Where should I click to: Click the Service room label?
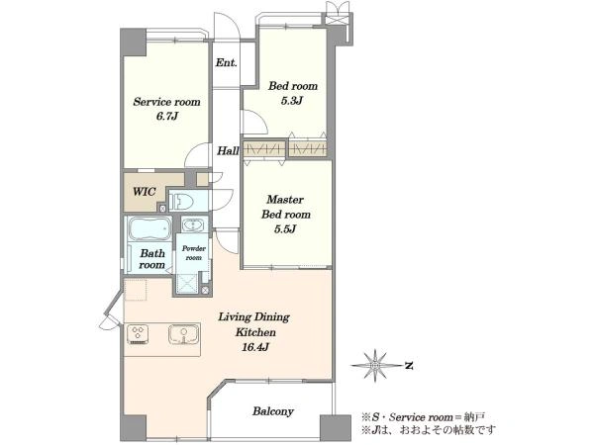click(166, 102)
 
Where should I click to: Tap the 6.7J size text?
click(167, 116)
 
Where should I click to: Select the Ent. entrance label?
click(226, 62)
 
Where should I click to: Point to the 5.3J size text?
click(292, 101)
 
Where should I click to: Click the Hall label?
click(228, 151)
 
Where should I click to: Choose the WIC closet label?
click(145, 192)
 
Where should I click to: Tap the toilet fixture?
click(181, 201)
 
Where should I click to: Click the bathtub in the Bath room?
click(149, 228)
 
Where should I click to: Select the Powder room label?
click(194, 253)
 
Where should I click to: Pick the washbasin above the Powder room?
click(194, 224)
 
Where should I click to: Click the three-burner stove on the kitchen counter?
click(138, 334)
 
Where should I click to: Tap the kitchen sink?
click(184, 334)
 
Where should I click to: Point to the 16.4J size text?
click(255, 347)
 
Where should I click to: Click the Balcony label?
click(273, 411)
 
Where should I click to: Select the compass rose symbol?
click(375, 366)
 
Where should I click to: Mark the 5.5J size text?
click(285, 229)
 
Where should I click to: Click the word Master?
click(285, 199)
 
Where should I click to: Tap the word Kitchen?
click(255, 332)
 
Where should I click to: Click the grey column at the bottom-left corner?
click(134, 428)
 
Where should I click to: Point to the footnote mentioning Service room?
click(423, 417)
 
